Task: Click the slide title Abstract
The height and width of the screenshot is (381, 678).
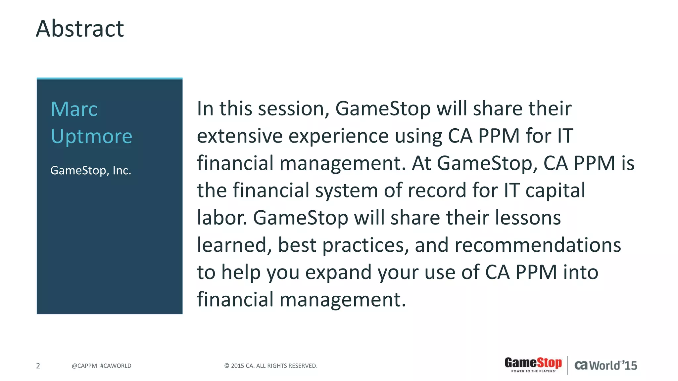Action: coord(80,29)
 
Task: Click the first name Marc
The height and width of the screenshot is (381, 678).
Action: coord(74,109)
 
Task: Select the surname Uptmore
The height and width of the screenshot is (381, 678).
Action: coord(91,136)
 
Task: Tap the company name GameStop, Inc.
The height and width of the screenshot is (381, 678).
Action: coord(91,171)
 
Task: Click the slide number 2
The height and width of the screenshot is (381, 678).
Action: coord(38,366)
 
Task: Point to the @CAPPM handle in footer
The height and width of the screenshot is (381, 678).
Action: coord(84,366)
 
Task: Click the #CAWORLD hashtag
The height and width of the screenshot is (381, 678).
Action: coord(116,366)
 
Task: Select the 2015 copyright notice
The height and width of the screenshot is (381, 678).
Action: coord(271,366)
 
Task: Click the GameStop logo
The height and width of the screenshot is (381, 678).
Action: coord(533,364)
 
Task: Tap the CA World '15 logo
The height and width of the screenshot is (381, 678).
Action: coord(605,365)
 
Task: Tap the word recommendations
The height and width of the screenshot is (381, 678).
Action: coord(538,245)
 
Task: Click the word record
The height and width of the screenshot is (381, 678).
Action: coord(437,191)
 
